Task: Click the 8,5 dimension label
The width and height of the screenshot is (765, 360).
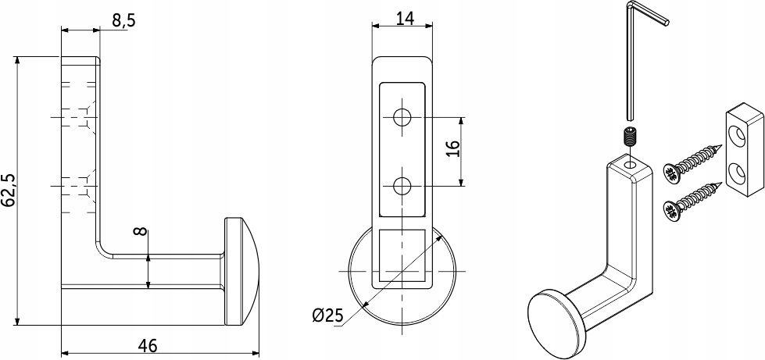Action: coord(123,20)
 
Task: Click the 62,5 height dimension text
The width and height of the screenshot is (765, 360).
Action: coord(9,191)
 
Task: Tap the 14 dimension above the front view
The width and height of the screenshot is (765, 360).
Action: coord(405,18)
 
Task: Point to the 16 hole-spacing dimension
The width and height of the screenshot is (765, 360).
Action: coord(452,149)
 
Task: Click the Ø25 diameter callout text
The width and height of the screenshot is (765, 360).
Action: coord(327,316)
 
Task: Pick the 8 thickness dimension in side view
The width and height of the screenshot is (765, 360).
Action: coord(141,230)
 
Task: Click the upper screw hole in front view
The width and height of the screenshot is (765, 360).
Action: coord(403,117)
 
